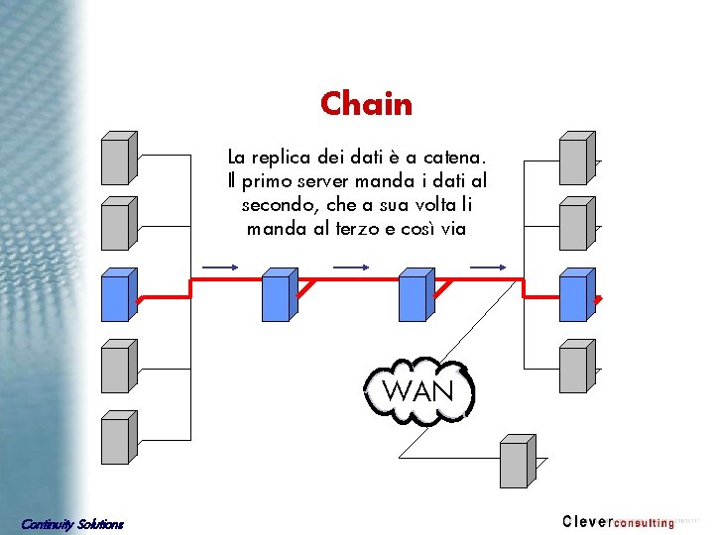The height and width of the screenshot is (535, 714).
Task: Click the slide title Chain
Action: pos(366,103)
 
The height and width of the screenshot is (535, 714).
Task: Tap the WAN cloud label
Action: pos(417,390)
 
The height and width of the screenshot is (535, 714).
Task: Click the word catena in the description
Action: pos(452,157)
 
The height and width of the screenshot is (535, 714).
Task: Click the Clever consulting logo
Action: pos(618,521)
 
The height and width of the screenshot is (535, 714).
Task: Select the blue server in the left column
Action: pos(118,295)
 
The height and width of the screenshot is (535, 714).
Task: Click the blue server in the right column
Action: pos(575,295)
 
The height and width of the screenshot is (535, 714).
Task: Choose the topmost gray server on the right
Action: pos(575,158)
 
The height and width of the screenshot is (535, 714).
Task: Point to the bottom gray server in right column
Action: pos(575,367)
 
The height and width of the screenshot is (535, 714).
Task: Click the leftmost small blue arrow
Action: pos(219,267)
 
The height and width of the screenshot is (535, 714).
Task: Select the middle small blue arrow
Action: pos(351,267)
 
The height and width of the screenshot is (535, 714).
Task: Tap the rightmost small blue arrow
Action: pos(488,267)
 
